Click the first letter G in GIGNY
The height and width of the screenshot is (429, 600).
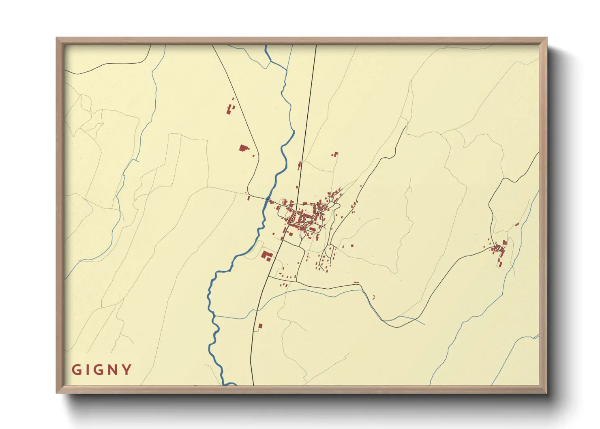[x=76, y=370]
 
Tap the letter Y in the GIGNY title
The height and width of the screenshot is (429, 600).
[x=127, y=370]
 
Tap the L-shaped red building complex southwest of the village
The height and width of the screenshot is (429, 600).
[x=267, y=256]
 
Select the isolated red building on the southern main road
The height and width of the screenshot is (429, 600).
[x=260, y=325]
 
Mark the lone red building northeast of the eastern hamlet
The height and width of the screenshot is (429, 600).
[x=517, y=224]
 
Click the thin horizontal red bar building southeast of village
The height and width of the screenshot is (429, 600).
[x=356, y=282]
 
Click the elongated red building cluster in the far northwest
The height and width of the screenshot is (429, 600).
[x=230, y=108]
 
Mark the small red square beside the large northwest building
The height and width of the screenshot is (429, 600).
[x=254, y=155]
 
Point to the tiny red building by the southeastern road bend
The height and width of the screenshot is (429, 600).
[x=373, y=297]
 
